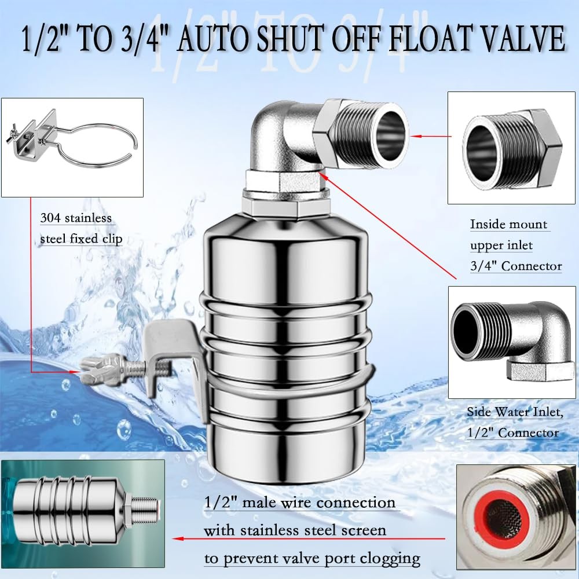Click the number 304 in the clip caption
(x=50, y=219)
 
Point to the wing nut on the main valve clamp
(x=93, y=374)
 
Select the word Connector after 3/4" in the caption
(x=532, y=266)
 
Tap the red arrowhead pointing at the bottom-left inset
(x=178, y=538)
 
